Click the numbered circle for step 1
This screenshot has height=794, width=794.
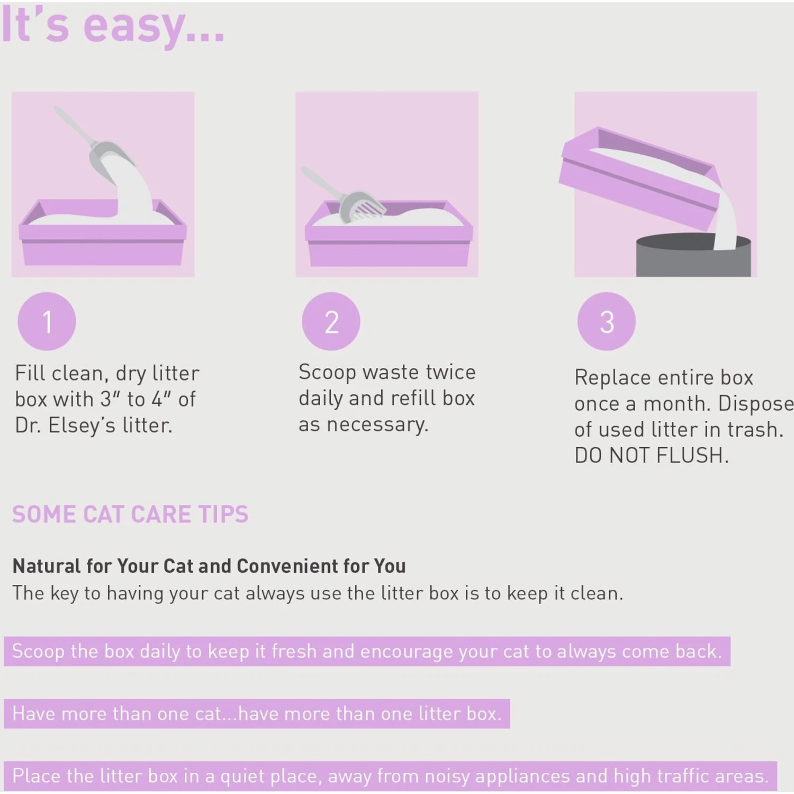47,321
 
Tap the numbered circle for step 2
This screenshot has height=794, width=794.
331,321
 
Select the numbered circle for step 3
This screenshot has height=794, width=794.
607,321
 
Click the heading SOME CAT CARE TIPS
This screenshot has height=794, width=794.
130,515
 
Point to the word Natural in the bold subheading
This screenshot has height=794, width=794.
47,566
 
